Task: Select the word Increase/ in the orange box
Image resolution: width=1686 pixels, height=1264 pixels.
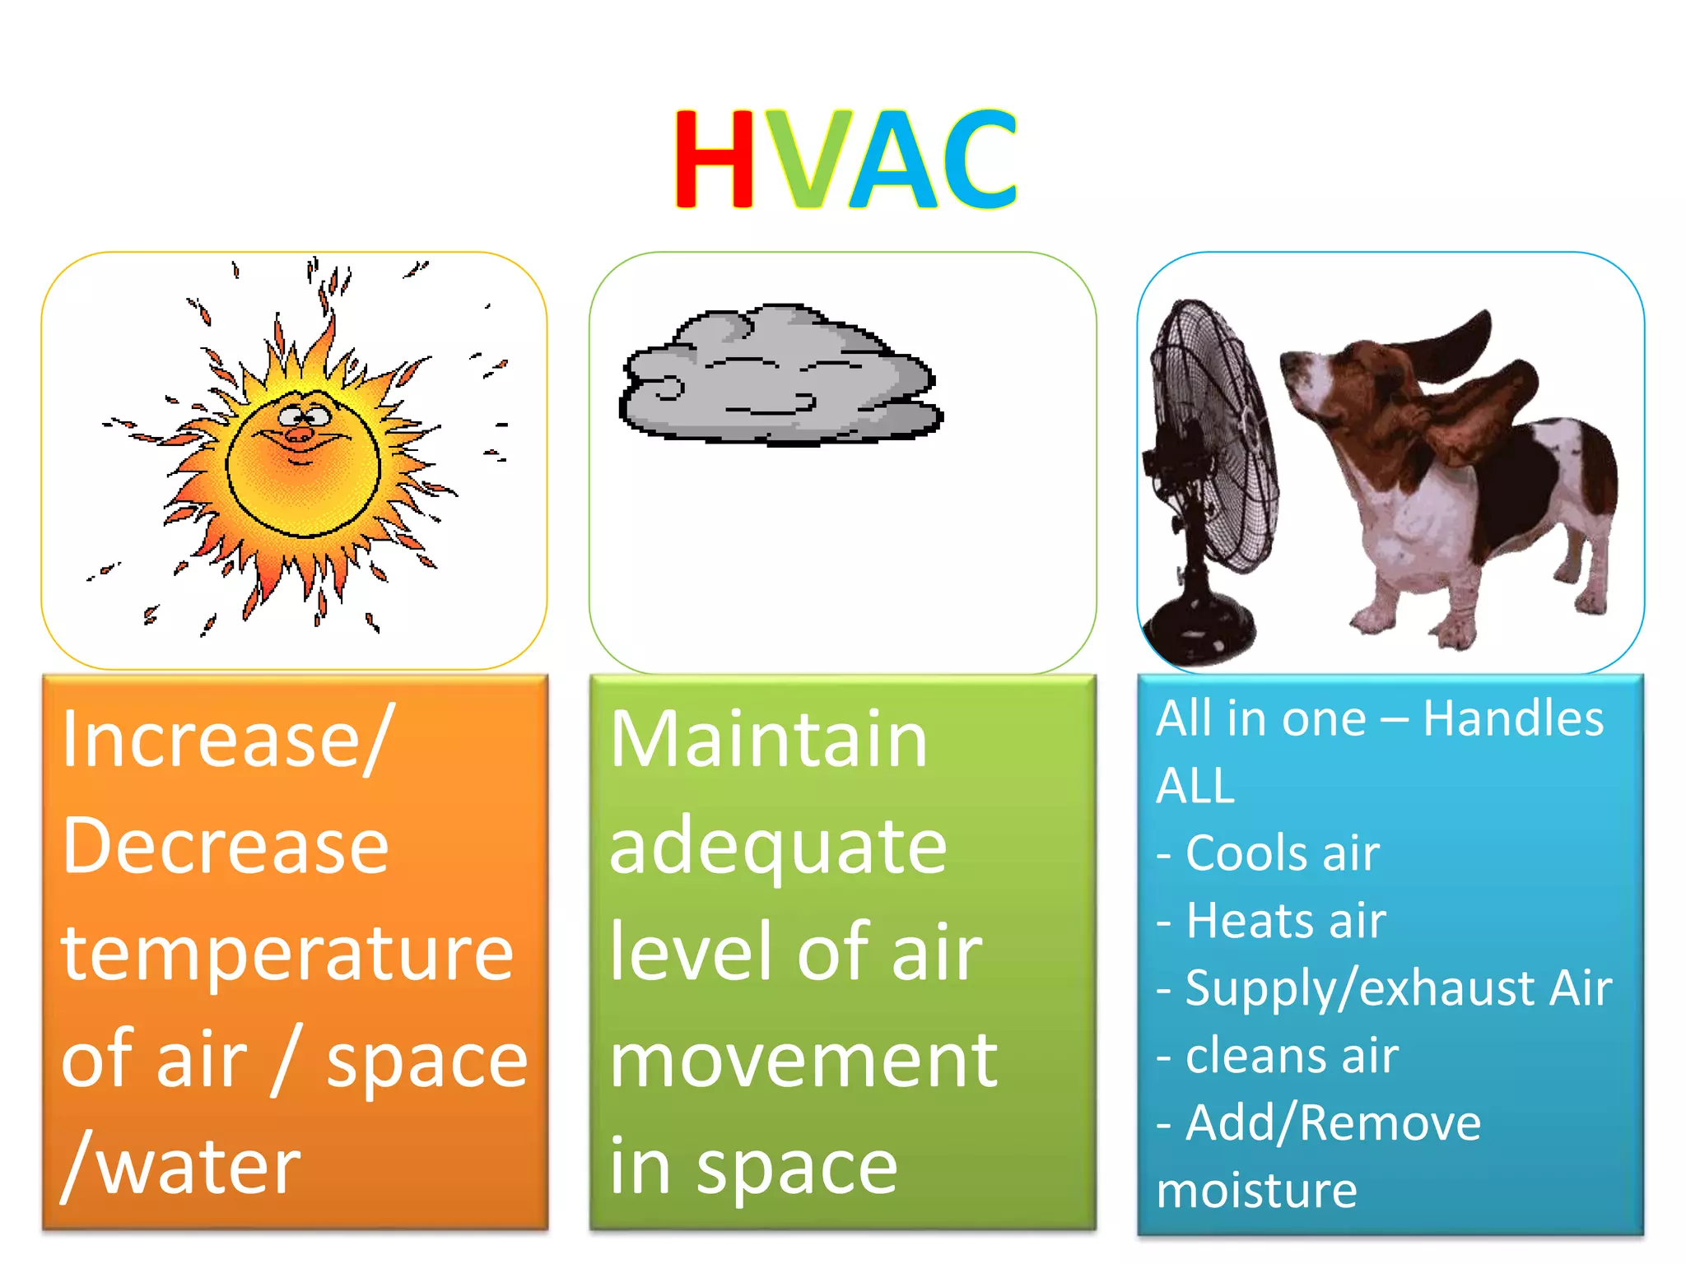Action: point(226,741)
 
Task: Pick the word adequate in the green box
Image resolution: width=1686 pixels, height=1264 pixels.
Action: point(778,848)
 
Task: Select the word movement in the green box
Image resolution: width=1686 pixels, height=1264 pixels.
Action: point(803,1062)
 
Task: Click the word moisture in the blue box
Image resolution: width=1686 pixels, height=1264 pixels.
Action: point(1257,1191)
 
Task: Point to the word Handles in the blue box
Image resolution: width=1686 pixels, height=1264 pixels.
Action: point(1513,718)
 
